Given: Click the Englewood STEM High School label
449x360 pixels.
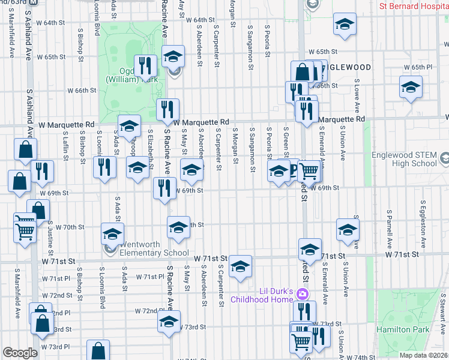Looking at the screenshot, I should (412, 158).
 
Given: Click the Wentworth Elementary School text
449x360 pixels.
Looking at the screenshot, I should (154, 248).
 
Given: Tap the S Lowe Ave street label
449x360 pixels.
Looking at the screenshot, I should (357, 96).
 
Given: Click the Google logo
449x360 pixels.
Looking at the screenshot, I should (20, 353).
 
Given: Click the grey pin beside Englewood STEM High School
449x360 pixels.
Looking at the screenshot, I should (444, 159).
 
